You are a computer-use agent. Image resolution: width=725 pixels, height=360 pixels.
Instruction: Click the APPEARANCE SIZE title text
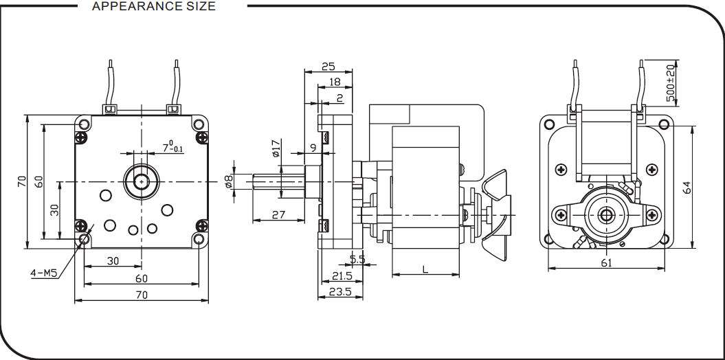coord(153,6)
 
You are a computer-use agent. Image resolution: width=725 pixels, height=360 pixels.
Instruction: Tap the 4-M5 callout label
coord(43,273)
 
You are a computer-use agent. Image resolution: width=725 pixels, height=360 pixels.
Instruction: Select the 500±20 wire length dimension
coord(671,83)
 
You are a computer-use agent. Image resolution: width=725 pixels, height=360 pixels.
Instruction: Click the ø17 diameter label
coord(276,148)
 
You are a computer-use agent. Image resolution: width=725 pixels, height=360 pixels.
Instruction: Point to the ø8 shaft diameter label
coord(228,181)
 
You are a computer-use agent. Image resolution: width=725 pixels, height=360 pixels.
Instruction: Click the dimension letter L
coord(425,269)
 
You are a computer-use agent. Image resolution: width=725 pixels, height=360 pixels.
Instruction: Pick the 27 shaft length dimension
coord(278,214)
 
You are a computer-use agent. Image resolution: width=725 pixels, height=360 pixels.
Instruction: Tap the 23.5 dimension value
coord(340,291)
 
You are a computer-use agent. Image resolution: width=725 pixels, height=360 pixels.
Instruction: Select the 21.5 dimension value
coord(342,276)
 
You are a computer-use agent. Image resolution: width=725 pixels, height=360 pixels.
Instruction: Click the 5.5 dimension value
coord(357,260)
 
